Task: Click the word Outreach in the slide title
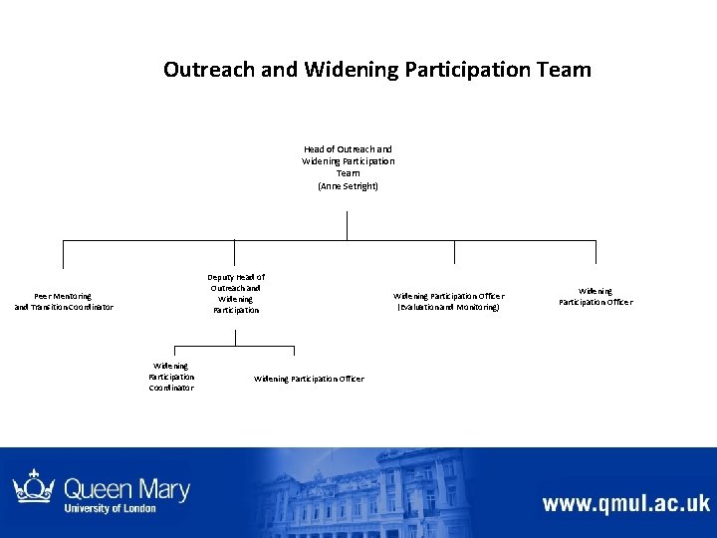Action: pyautogui.click(x=203, y=70)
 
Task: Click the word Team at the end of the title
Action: pyautogui.click(x=563, y=70)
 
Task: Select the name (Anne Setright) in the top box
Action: pyautogui.click(x=348, y=186)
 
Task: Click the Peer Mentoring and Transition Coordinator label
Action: pyautogui.click(x=64, y=301)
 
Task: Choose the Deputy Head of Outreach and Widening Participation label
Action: pyautogui.click(x=236, y=293)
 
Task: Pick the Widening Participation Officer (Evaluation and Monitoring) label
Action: pyautogui.click(x=449, y=301)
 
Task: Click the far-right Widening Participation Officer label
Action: pyautogui.click(x=596, y=296)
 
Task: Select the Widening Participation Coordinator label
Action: pyautogui.click(x=171, y=377)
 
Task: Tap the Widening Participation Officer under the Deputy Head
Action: pyautogui.click(x=309, y=379)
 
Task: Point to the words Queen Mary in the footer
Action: pyautogui.click(x=126, y=489)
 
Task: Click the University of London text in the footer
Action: pyautogui.click(x=110, y=509)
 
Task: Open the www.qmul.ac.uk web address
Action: pyautogui.click(x=625, y=502)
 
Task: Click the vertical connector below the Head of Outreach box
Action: pyautogui.click(x=348, y=225)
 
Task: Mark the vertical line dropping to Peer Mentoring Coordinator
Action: pyautogui.click(x=64, y=255)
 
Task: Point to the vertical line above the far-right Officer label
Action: pyautogui.click(x=596, y=252)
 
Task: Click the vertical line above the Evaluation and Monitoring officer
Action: pyautogui.click(x=454, y=252)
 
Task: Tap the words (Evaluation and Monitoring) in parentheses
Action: pyautogui.click(x=449, y=307)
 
